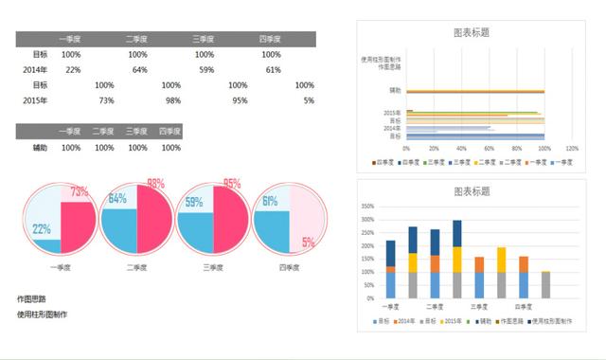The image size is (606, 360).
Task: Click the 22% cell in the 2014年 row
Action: click(x=73, y=70)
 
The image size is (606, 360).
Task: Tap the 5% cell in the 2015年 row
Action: click(x=309, y=100)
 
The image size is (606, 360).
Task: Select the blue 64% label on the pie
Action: click(x=118, y=199)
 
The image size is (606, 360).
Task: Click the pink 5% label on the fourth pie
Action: click(x=308, y=243)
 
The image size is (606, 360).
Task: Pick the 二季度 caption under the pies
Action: click(x=137, y=267)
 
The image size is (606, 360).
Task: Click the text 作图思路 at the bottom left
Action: click(x=31, y=298)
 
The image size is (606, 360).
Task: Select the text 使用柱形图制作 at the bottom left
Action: click(x=42, y=315)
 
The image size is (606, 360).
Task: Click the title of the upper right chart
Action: click(x=472, y=32)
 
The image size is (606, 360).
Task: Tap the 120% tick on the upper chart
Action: click(x=571, y=149)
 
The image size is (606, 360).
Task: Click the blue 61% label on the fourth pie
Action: click(x=270, y=201)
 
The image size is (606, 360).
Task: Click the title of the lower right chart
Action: click(x=472, y=191)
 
